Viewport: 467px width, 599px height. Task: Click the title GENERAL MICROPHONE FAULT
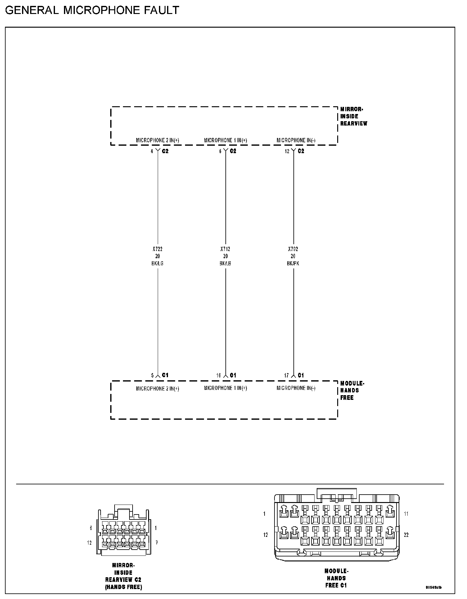(92, 11)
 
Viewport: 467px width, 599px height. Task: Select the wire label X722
(157, 249)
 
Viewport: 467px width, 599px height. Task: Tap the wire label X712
(225, 249)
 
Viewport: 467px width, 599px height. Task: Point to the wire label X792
(293, 249)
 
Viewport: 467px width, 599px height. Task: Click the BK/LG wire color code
(157, 263)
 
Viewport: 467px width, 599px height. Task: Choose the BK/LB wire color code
(225, 263)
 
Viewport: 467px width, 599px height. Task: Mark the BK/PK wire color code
(293, 263)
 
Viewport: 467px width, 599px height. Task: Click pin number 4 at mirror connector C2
(152, 151)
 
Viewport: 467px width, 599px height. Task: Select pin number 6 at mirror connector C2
(220, 151)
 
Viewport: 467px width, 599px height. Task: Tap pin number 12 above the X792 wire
(287, 151)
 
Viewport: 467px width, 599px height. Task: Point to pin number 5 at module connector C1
(152, 375)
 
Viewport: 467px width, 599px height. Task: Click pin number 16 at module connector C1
(219, 375)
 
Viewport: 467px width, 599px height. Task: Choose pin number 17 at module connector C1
(286, 375)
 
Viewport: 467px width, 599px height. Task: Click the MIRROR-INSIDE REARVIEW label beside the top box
(353, 116)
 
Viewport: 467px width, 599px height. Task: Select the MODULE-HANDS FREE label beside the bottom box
(352, 391)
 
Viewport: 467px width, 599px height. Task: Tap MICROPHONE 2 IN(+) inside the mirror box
(157, 140)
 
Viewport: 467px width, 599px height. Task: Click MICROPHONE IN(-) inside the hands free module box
(296, 388)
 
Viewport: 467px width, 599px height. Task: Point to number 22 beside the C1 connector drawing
(406, 535)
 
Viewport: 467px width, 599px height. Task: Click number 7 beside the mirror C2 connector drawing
(156, 543)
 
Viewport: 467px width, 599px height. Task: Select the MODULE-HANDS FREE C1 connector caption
(336, 578)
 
